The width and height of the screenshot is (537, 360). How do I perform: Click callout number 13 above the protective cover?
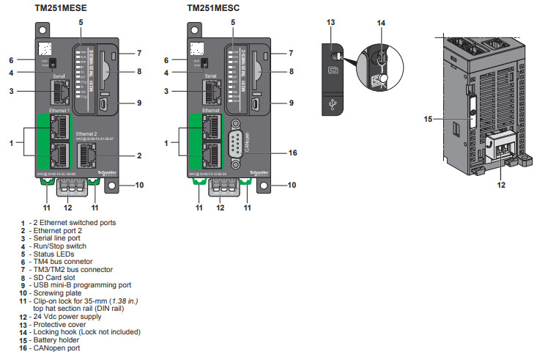tap(330, 23)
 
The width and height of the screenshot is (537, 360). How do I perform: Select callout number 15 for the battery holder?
tap(428, 117)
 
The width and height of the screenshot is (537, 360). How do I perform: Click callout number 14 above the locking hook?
tap(380, 23)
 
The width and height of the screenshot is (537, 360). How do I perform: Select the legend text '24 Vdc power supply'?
tap(67, 316)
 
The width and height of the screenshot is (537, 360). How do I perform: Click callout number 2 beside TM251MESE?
tap(138, 155)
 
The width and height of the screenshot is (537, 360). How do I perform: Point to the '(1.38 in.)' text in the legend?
tap(119, 301)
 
